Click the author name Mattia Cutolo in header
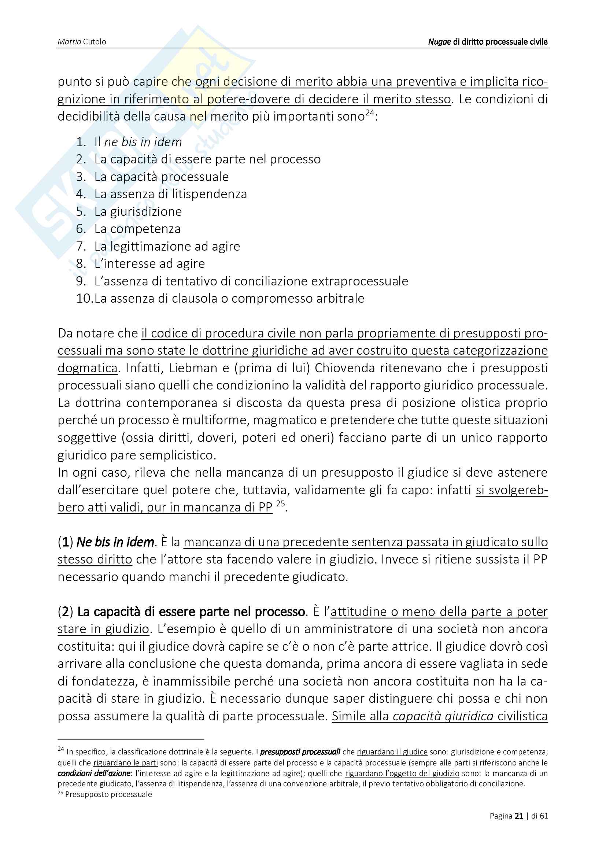(x=82, y=41)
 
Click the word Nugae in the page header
(x=439, y=41)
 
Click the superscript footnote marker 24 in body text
(x=369, y=113)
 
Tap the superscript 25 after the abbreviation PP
(x=281, y=503)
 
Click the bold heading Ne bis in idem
(x=115, y=542)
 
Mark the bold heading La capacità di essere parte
(x=191, y=612)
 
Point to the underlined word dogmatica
(x=87, y=368)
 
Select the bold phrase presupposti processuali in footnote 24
(x=300, y=752)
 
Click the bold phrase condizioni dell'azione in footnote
(x=94, y=773)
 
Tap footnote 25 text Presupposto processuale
(x=108, y=794)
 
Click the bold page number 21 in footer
(x=519, y=816)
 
